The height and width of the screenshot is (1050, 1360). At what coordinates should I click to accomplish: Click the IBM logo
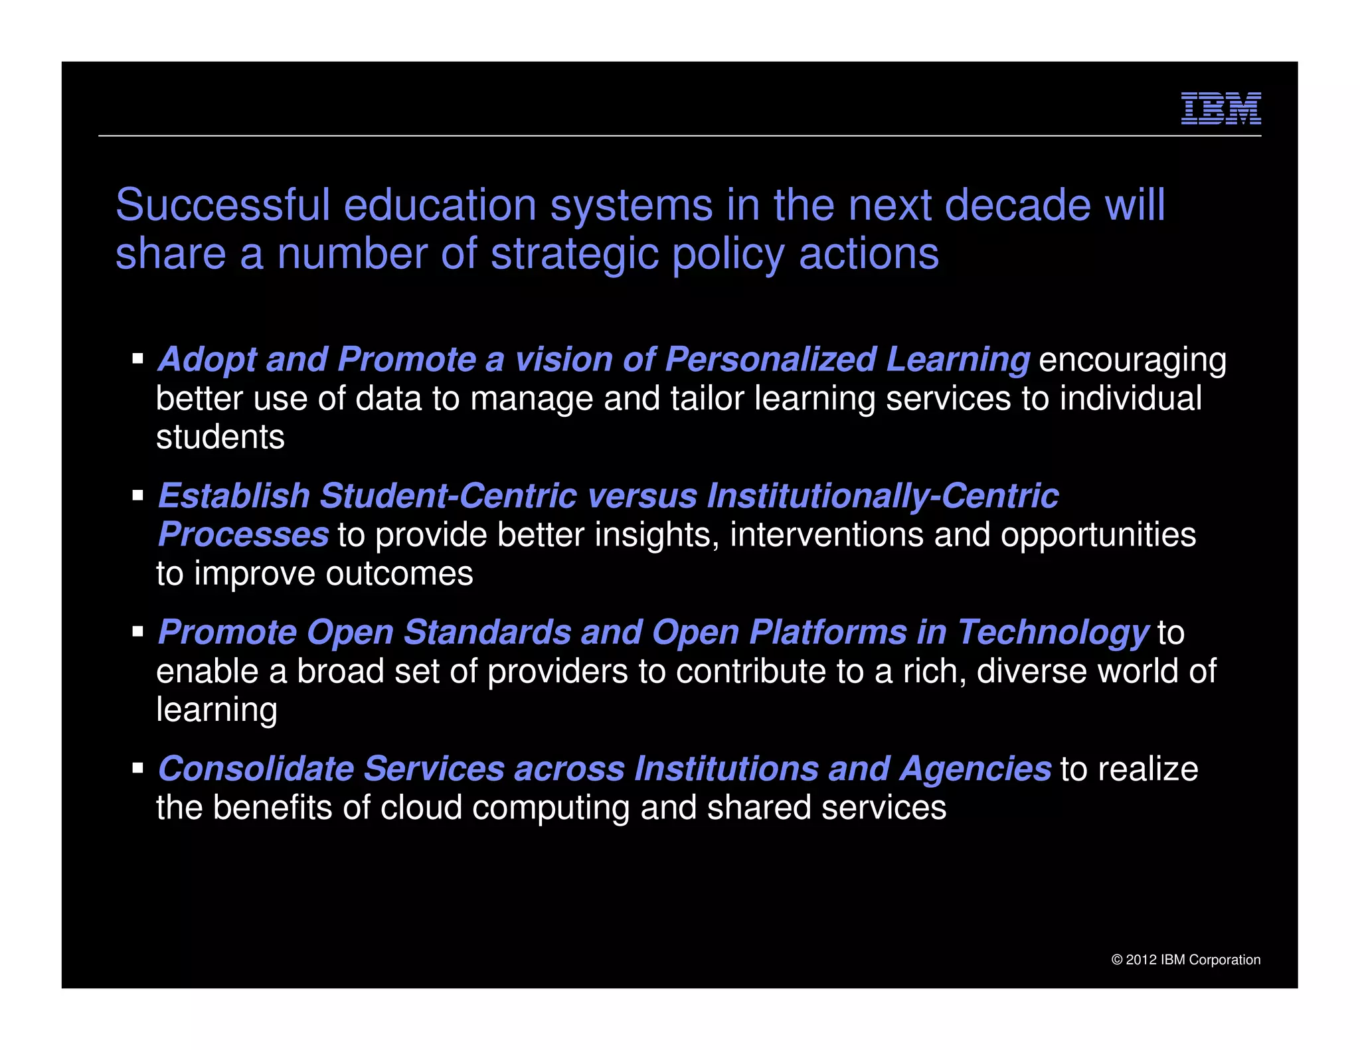click(x=1221, y=108)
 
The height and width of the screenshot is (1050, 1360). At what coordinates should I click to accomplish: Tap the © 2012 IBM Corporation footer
click(x=1185, y=960)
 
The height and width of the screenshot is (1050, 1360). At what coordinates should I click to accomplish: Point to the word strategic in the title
click(x=576, y=255)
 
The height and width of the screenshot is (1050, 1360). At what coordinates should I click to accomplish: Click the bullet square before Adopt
click(x=138, y=359)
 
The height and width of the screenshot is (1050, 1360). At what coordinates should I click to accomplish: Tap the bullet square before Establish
click(x=138, y=495)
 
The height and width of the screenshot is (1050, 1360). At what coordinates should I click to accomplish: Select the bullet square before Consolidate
click(x=138, y=768)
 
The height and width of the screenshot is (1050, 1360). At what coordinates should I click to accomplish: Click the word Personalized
click(x=770, y=360)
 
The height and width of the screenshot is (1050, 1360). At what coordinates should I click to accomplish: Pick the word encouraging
click(x=1132, y=360)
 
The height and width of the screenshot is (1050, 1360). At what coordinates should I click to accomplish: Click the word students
click(x=220, y=437)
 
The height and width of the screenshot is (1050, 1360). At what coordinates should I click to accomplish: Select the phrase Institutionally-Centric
click(x=883, y=496)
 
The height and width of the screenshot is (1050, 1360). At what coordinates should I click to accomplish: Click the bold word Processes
click(x=243, y=534)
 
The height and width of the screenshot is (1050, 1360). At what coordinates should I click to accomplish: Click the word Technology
click(x=1053, y=633)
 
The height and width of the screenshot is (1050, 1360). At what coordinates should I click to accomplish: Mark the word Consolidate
click(x=256, y=769)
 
